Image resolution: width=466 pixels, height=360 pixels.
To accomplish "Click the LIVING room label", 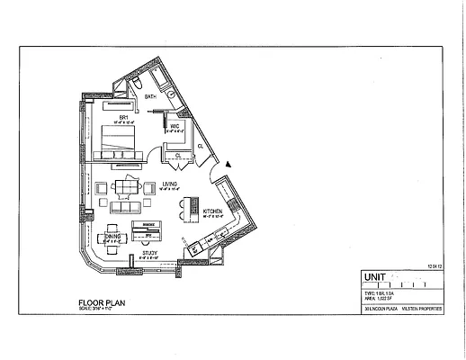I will pos(170,184).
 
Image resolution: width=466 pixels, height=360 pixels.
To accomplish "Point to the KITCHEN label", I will pos(212,211).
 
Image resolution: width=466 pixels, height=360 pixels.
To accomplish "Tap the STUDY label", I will pos(150,255).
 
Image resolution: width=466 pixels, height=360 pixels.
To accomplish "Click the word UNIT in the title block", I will pos(373,277).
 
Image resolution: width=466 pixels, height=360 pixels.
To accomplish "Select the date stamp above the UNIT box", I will pos(435,266).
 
